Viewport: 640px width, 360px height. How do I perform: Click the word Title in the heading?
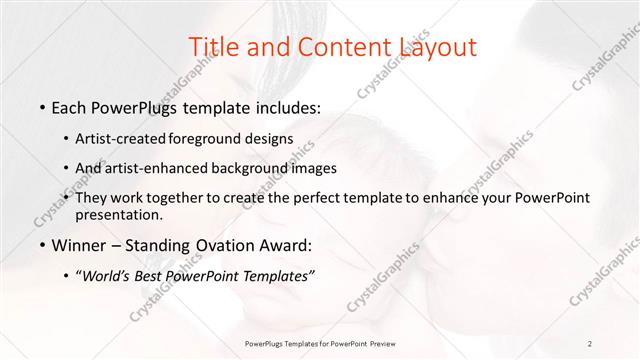[x=212, y=46]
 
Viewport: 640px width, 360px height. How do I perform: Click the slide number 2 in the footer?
[x=590, y=344]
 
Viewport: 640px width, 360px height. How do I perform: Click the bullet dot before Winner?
[x=41, y=246]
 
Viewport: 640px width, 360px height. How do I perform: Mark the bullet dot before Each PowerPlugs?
[x=41, y=107]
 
